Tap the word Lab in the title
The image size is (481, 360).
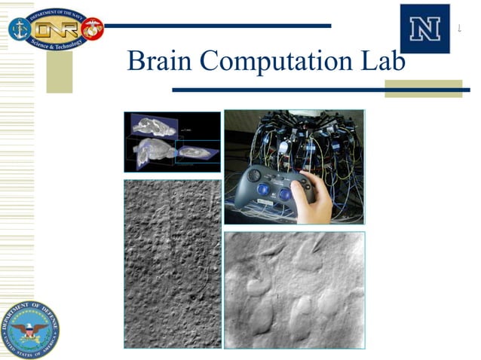[x=382, y=60]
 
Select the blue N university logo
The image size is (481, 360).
[x=424, y=29]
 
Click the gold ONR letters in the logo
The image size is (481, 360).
[x=57, y=29]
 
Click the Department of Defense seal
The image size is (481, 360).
[x=29, y=329]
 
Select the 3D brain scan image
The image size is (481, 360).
[x=172, y=142]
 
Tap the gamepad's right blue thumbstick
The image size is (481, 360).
[x=285, y=194]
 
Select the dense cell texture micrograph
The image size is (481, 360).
[x=172, y=263]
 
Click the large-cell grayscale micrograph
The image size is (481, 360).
[x=294, y=290]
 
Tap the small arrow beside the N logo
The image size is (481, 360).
[x=459, y=29]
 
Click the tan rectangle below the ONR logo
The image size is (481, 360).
[x=59, y=72]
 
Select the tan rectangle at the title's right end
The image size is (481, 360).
[x=423, y=89]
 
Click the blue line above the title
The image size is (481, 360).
[x=219, y=26]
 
